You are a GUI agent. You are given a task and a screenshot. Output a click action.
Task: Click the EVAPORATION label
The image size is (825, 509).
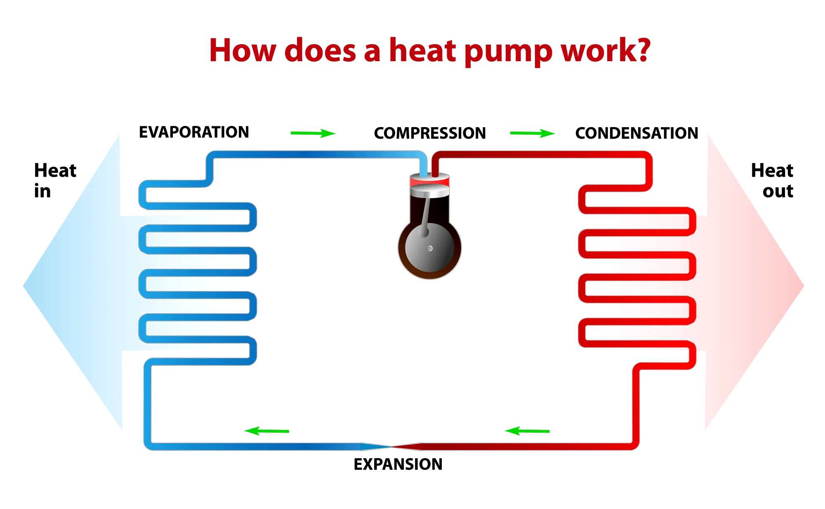coord(194,132)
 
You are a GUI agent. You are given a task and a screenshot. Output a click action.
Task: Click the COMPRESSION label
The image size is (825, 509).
coord(430,133)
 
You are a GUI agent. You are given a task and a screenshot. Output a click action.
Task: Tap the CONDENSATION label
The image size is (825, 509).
coord(636,133)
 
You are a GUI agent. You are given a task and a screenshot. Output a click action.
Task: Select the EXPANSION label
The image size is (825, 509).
coord(398,464)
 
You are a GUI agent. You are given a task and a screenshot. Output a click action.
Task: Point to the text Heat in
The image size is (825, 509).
coord(54,180)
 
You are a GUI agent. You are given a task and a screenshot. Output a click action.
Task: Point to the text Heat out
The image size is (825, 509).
coord(772,180)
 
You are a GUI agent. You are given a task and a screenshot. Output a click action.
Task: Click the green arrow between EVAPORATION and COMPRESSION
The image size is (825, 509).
coord(313,133)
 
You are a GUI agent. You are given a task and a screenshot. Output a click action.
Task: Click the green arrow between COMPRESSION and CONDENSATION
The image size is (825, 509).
coord(532,133)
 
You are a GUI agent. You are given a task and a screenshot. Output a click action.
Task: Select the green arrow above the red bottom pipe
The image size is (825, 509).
coord(527,431)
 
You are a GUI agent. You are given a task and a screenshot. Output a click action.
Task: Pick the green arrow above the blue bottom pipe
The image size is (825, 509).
coord(267,431)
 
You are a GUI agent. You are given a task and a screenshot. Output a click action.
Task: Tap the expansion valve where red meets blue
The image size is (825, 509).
coord(391,446)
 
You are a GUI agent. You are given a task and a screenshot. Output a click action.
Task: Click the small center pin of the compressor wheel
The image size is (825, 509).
coord(430,249)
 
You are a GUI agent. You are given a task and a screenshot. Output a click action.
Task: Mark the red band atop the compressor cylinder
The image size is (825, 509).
coord(429,181)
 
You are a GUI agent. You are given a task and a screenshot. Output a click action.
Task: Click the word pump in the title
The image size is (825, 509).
coord(508,51)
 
